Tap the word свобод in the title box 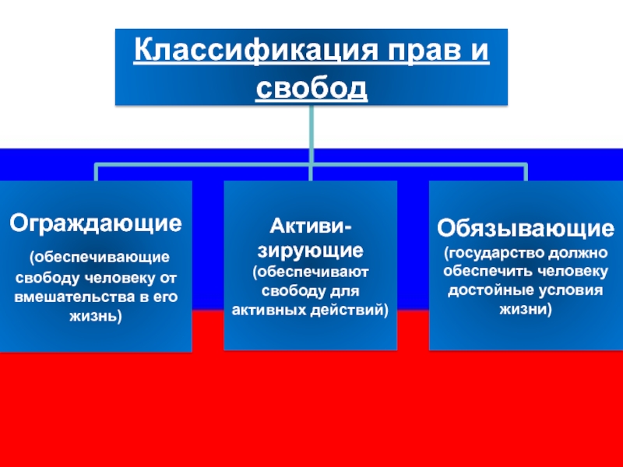(x=311, y=88)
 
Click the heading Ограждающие (x=95, y=223)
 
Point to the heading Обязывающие (x=524, y=228)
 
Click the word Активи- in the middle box (x=310, y=226)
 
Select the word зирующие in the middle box (x=310, y=251)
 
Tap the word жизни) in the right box (x=524, y=308)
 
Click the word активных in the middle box (x=269, y=309)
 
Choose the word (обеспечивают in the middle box (x=310, y=272)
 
